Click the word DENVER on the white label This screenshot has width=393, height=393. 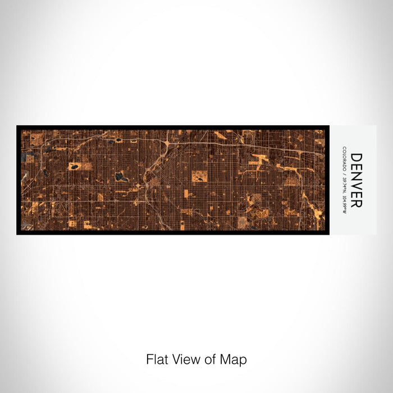pyautogui.click(x=356, y=180)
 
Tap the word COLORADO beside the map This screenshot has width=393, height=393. pyautogui.click(x=344, y=158)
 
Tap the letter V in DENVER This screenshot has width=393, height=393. pyautogui.click(x=356, y=185)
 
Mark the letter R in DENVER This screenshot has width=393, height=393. pyautogui.click(x=356, y=203)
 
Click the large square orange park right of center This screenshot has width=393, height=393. pyautogui.click(x=199, y=176)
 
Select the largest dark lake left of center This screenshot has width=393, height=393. pyautogui.click(x=119, y=177)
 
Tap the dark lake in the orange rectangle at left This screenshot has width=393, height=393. pyautogui.click(x=74, y=167)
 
